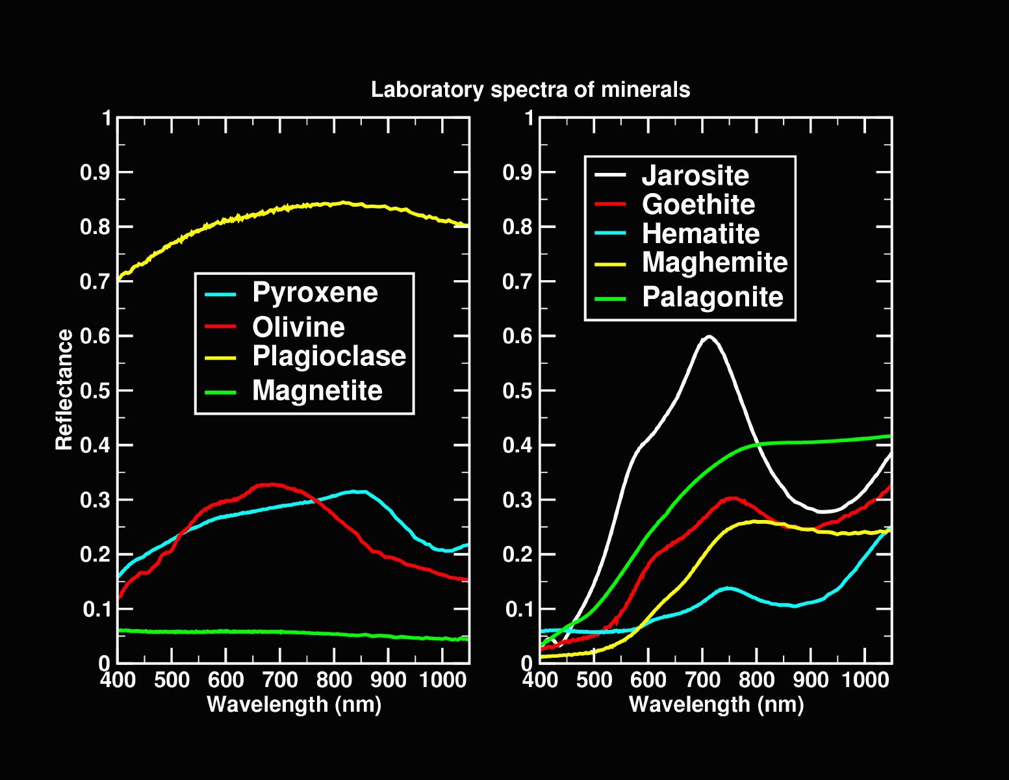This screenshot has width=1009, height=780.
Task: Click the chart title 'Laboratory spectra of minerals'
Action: [530, 90]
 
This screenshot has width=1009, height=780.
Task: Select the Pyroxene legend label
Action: [315, 292]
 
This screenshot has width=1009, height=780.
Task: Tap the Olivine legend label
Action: [298, 327]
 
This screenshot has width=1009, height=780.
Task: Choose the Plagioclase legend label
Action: [329, 356]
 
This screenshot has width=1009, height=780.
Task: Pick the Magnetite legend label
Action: [317, 391]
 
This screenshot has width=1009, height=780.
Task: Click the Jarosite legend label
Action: [695, 175]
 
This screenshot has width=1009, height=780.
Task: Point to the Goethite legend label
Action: [698, 205]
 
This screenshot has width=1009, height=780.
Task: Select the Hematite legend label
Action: [700, 234]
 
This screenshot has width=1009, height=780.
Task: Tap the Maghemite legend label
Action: [715, 263]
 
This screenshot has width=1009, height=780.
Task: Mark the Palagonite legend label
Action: [713, 298]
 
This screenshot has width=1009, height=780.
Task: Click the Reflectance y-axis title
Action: [64, 390]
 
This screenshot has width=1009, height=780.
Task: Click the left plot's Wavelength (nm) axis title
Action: [294, 704]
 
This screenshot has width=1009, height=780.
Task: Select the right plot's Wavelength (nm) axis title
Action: [717, 704]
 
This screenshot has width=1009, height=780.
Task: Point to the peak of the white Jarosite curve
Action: [709, 337]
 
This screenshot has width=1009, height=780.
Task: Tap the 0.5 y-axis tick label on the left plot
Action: [96, 391]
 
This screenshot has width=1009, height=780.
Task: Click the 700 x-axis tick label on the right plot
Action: [702, 681]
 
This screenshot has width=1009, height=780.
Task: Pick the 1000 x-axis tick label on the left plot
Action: [442, 681]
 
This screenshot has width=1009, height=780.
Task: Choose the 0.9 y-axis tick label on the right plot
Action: [518, 173]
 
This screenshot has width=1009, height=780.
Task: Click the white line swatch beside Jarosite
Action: [611, 175]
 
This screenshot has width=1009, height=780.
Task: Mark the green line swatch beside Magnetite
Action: [221, 391]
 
